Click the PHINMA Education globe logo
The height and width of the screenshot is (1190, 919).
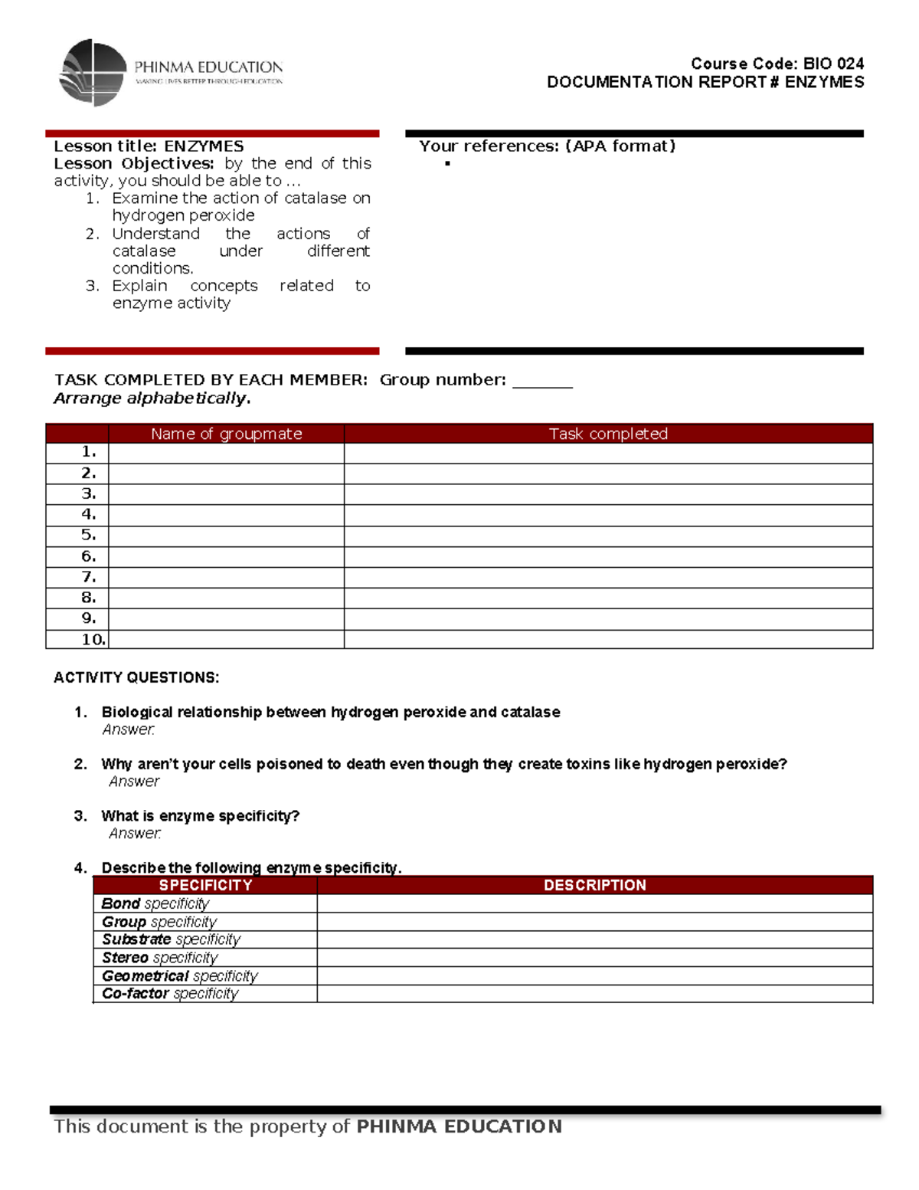93,72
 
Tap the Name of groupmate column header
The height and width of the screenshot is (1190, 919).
226,434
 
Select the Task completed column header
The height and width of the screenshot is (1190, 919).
608,434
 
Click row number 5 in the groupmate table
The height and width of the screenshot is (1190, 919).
89,535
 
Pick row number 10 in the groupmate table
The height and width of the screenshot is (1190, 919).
93,639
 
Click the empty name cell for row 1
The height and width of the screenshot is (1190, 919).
226,453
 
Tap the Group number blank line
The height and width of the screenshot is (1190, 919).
542,381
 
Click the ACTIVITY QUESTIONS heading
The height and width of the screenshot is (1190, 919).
136,677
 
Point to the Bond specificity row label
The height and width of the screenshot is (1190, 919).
155,904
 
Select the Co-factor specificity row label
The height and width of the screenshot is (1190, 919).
170,994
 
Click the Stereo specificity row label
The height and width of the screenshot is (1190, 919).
160,958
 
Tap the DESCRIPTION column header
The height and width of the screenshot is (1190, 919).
594,885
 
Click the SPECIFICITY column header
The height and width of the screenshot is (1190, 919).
205,885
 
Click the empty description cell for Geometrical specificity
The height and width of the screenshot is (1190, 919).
594,976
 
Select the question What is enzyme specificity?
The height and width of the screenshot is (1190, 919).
200,816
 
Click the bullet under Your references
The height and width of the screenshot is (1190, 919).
447,164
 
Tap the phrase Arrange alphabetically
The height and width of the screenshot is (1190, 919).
152,398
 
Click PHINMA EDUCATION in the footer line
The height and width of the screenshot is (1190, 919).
459,1126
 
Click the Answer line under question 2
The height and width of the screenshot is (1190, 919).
134,782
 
